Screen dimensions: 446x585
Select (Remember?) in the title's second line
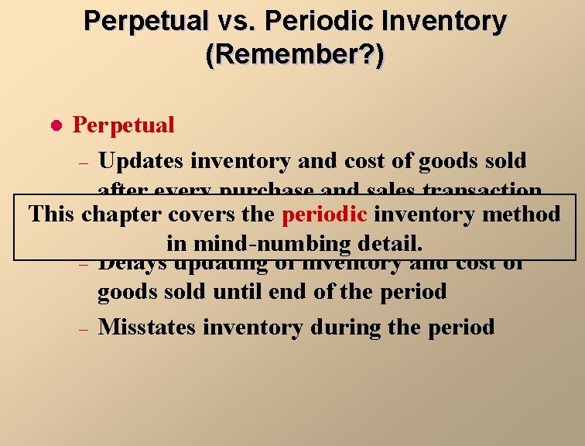pyautogui.click(x=294, y=56)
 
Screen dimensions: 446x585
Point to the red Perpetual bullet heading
pyautogui.click(x=123, y=125)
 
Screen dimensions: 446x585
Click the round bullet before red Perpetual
pyautogui.click(x=54, y=125)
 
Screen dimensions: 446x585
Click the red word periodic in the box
pyautogui.click(x=324, y=214)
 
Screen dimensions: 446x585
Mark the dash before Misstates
pyautogui.click(x=85, y=329)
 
